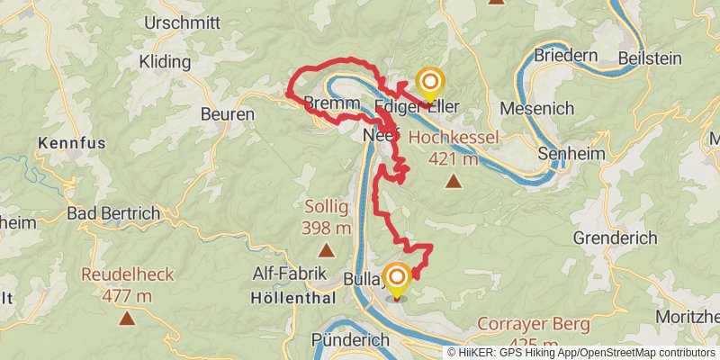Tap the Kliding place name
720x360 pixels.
166,62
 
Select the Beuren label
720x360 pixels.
228,115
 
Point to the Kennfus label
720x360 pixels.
72,143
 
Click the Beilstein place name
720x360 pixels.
648,58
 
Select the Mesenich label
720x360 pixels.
535,108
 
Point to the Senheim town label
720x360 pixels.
570,154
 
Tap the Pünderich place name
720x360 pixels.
350,340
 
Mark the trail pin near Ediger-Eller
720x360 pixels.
430,82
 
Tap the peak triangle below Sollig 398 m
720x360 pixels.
325,251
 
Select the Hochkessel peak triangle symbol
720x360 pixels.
454,182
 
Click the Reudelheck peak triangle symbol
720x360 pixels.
128,317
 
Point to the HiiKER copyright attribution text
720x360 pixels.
580,352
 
